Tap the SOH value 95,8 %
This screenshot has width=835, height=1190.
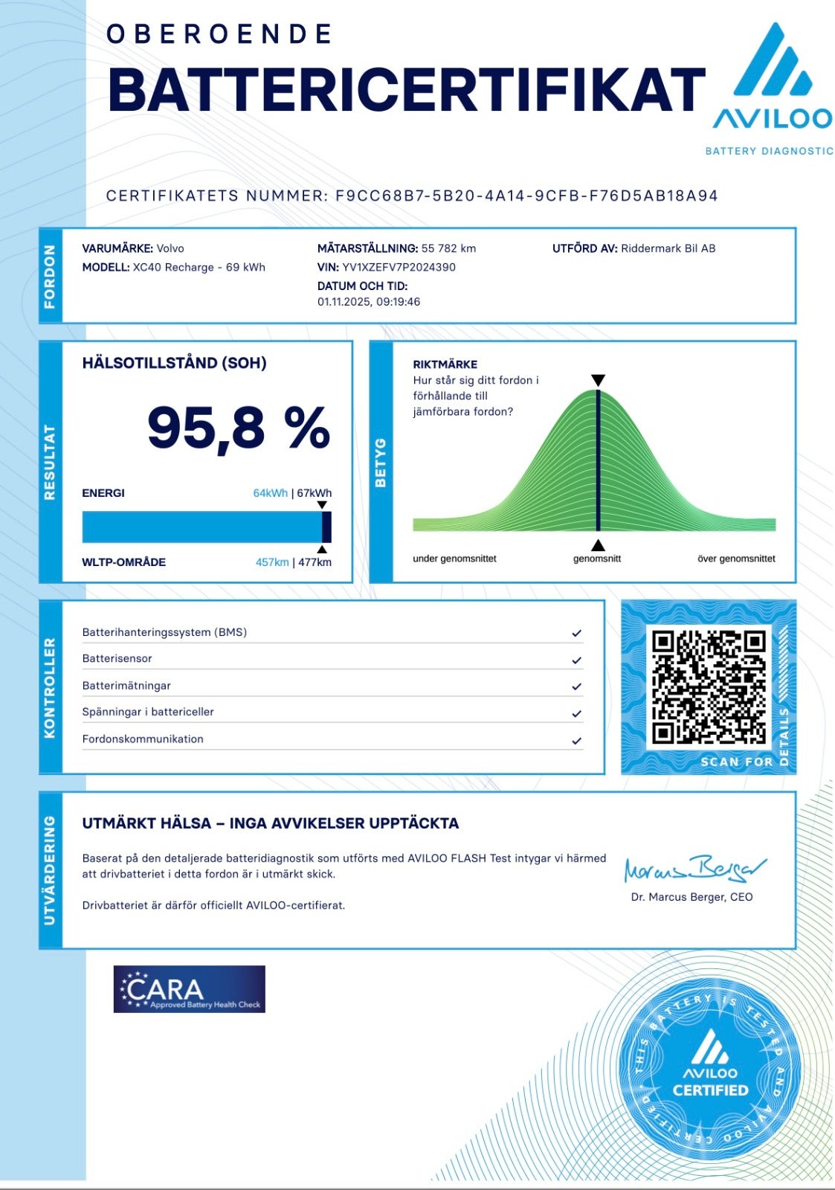(238, 428)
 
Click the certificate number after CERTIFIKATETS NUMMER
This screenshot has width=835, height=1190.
(526, 196)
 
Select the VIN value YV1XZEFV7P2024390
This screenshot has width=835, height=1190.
(399, 267)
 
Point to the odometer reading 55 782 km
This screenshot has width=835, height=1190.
(448, 248)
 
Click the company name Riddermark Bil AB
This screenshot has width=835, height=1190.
(668, 248)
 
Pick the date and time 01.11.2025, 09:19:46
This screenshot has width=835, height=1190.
(369, 302)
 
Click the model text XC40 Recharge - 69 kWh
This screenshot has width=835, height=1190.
(199, 267)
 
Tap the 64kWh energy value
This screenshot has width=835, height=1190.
(270, 493)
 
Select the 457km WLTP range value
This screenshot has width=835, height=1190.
(271, 562)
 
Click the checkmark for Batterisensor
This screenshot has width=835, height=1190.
(576, 660)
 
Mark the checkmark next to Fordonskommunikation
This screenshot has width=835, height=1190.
(576, 741)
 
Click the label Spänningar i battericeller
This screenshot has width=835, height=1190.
(148, 712)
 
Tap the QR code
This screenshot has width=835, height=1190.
(708, 687)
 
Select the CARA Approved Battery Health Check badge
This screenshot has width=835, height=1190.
(189, 989)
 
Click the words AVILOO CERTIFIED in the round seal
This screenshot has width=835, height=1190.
(710, 1082)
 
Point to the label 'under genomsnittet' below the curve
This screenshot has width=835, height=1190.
(454, 559)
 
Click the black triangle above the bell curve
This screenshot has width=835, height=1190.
(598, 381)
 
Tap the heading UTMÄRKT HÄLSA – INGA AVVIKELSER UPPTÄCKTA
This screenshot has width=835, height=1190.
(270, 823)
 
